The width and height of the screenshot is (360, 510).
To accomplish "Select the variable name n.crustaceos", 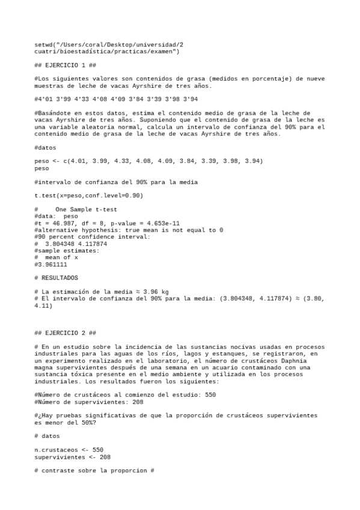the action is pyautogui.click(x=56, y=449).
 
